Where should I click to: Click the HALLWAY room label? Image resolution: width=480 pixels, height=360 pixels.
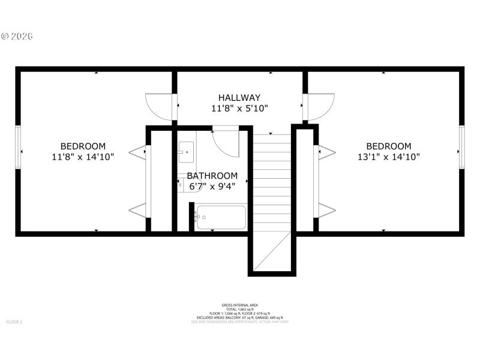(x=239, y=98)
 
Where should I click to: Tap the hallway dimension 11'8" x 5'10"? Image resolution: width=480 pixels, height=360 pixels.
(x=239, y=109)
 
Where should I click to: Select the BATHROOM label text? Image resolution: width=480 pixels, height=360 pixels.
(x=212, y=176)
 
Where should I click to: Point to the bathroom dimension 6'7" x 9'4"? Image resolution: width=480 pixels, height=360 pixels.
(x=212, y=186)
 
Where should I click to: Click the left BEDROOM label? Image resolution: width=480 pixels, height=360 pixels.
(x=83, y=146)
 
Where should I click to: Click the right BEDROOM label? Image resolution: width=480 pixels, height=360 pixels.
(x=389, y=146)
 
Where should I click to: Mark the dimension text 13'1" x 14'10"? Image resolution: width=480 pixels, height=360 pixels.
(x=389, y=157)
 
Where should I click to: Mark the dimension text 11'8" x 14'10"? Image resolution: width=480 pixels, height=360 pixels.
(x=83, y=157)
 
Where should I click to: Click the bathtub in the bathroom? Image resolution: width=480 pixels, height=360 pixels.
(x=220, y=217)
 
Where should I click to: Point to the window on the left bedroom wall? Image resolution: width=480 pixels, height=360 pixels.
(x=19, y=148)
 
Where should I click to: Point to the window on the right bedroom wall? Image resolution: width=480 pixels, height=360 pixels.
(x=461, y=148)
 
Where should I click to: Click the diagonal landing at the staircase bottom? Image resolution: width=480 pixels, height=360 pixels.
(x=272, y=252)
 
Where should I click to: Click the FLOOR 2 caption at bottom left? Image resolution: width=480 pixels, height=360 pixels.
(x=14, y=322)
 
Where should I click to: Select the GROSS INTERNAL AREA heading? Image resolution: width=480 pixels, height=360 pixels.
(x=239, y=305)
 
